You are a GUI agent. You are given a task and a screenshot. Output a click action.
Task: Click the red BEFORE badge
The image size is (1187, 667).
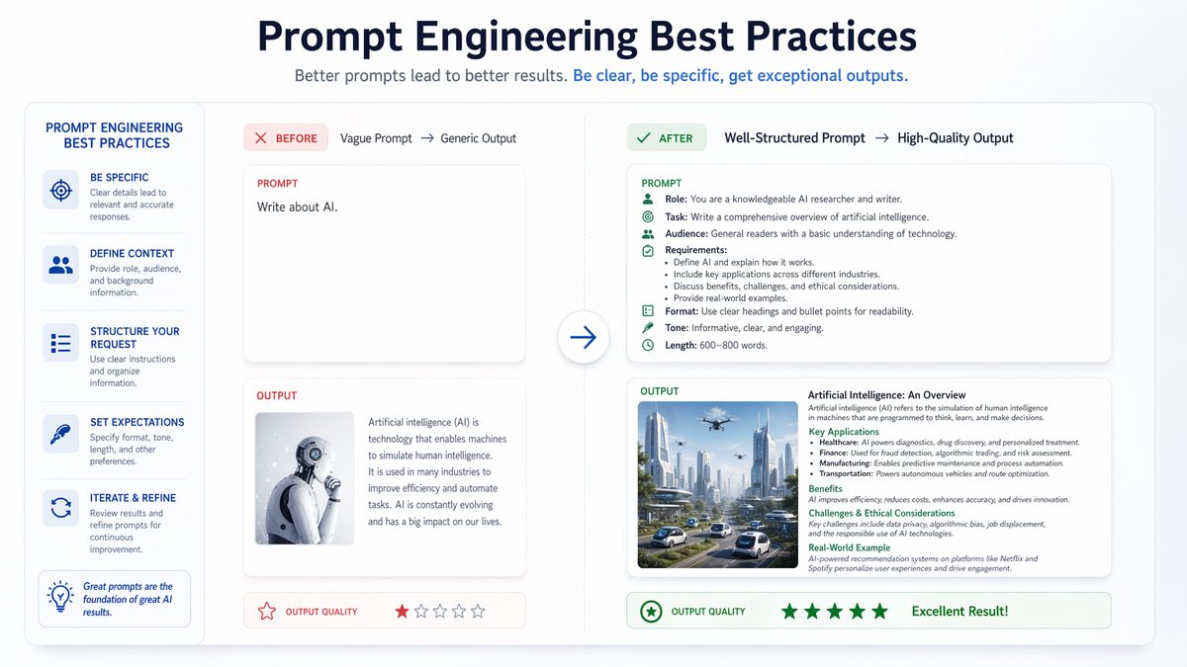tap(286, 138)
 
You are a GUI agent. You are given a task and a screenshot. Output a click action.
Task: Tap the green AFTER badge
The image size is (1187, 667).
tap(666, 138)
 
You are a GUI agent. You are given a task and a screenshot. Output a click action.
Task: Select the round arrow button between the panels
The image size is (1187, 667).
tap(584, 338)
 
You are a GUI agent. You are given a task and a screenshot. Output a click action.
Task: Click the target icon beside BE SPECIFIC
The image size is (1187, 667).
tap(60, 190)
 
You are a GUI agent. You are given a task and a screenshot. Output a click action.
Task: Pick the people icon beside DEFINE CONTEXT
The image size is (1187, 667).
tap(60, 265)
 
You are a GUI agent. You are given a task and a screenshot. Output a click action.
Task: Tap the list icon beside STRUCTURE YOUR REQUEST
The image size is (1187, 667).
tap(60, 343)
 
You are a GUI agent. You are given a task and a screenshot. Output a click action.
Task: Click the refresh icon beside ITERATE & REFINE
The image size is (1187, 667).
tap(60, 508)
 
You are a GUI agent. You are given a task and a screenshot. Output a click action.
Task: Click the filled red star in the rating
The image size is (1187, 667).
tap(402, 612)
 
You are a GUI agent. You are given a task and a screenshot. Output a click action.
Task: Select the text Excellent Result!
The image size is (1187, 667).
tap(959, 612)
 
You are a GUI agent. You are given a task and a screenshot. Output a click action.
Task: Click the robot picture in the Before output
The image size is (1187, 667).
tap(305, 478)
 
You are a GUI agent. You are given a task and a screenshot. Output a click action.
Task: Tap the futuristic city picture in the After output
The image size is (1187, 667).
tap(718, 484)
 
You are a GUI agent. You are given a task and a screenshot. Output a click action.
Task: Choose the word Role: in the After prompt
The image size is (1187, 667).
tap(676, 200)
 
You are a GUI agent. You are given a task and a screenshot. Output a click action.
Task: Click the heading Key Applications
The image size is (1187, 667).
tap(844, 432)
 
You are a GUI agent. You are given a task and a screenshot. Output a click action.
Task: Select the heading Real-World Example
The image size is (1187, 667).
tap(849, 547)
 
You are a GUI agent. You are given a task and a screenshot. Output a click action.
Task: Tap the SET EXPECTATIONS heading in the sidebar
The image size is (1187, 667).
tap(137, 422)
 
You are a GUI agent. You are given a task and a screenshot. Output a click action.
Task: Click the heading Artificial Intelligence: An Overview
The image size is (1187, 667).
tap(886, 395)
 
